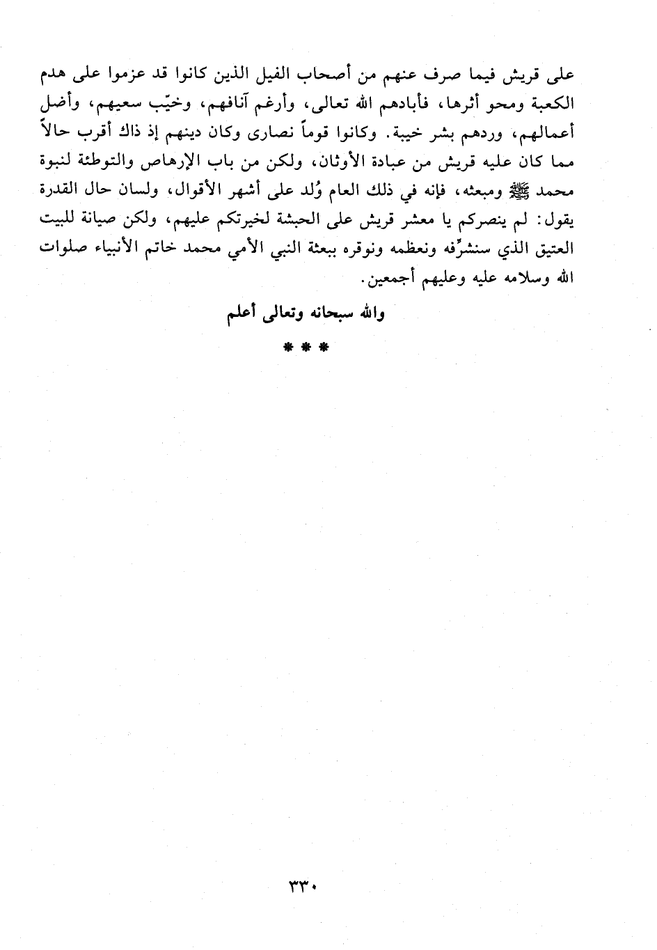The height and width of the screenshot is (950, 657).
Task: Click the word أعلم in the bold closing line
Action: click(x=243, y=313)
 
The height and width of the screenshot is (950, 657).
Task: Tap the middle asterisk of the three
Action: click(x=305, y=348)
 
